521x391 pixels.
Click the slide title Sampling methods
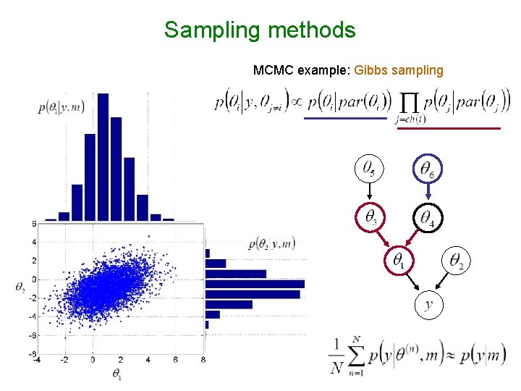coord(260,30)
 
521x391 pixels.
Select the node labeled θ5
coord(368,169)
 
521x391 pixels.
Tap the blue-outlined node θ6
coord(429,169)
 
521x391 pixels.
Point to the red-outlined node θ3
coord(369,216)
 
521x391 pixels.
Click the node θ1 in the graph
coord(399,258)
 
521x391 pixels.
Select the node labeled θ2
coord(457,259)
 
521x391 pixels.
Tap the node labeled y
coord(428,305)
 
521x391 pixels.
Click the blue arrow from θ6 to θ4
coord(429,192)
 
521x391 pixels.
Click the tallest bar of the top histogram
coord(103,156)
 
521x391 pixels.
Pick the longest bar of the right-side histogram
coord(255,284)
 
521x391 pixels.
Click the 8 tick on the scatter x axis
coord(203,359)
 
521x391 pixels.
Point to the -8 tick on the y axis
coord(32,354)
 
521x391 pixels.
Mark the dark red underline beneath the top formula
coord(450,128)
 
